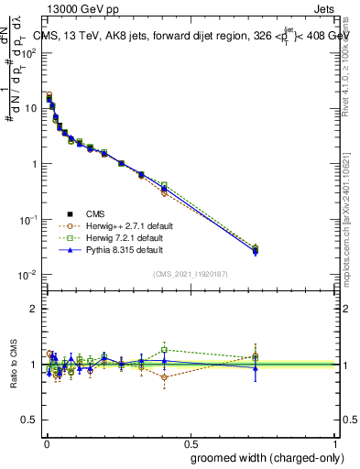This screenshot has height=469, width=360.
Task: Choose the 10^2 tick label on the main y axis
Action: pos(29,52)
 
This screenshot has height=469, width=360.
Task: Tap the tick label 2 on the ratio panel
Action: pos(33,309)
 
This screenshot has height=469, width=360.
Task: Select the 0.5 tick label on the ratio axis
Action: pos(29,420)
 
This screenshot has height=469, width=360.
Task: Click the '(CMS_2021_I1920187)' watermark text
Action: pos(190,274)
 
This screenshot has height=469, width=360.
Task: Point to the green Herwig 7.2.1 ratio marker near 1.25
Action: pos(164,349)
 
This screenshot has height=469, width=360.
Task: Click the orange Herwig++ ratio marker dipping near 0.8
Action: pos(164,377)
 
